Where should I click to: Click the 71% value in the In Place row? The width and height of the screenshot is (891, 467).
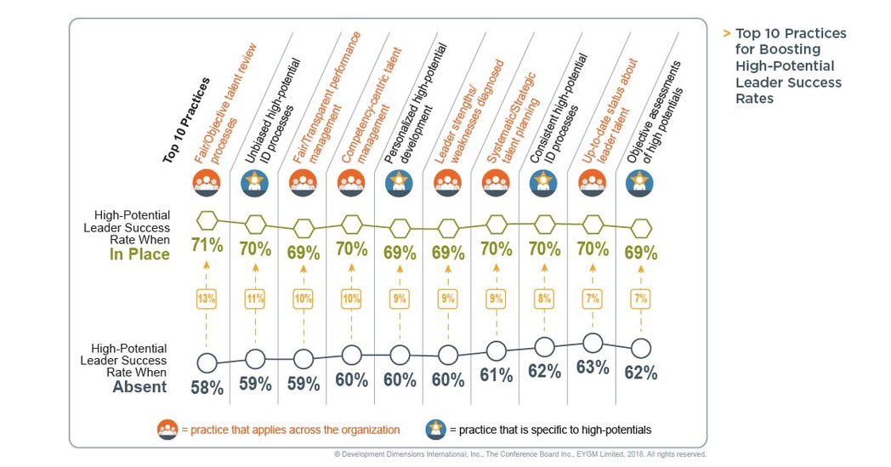(207, 248)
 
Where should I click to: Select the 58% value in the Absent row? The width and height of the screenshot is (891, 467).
(207, 388)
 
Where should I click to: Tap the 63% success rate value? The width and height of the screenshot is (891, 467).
(593, 367)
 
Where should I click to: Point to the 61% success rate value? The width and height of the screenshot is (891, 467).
(496, 375)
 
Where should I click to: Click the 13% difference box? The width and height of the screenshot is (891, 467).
(207, 299)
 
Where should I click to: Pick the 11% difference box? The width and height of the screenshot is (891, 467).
(255, 299)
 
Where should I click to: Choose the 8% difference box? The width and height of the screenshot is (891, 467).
(544, 299)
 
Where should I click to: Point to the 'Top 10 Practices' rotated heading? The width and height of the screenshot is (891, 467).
(186, 119)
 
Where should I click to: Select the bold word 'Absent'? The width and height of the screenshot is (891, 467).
(139, 387)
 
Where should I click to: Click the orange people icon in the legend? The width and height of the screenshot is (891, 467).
(167, 430)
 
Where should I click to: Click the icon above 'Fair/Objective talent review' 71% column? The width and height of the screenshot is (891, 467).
(207, 182)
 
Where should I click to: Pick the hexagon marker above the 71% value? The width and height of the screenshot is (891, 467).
(207, 219)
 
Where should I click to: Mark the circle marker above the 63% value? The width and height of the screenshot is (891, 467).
(593, 343)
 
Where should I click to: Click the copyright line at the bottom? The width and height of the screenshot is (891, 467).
(519, 455)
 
